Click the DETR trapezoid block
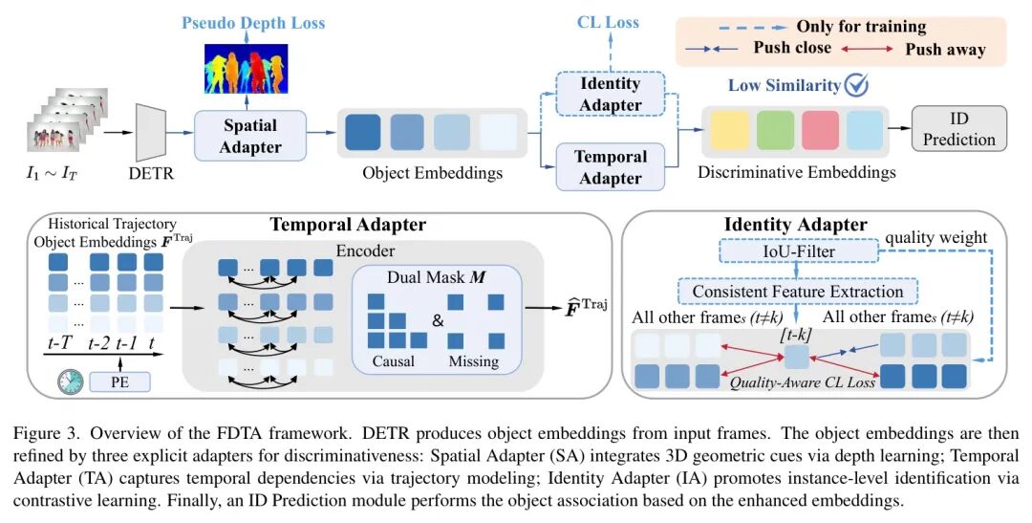click(x=146, y=133)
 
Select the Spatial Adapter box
click(x=251, y=135)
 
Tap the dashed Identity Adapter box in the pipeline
click(x=611, y=94)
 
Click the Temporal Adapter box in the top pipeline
click(x=611, y=166)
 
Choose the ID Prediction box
click(x=958, y=128)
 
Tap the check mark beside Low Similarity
click(x=857, y=85)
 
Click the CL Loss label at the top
click(x=608, y=21)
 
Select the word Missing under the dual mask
click(x=473, y=360)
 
